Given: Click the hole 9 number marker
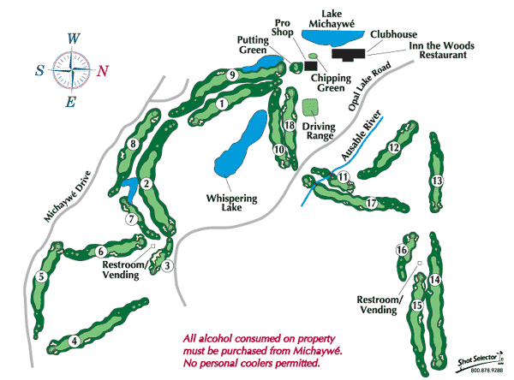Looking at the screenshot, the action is (232, 75).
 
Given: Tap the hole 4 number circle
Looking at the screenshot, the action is (75, 341).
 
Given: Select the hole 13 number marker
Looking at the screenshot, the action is (437, 181).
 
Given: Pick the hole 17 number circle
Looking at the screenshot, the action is (371, 204).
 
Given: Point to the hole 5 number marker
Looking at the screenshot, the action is (40, 276).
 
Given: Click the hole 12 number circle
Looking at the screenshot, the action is (394, 147).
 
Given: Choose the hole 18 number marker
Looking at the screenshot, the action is (290, 127).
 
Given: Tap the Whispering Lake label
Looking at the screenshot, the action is (232, 202).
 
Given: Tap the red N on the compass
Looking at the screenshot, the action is (103, 71).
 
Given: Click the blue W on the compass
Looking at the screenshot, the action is (75, 39).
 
